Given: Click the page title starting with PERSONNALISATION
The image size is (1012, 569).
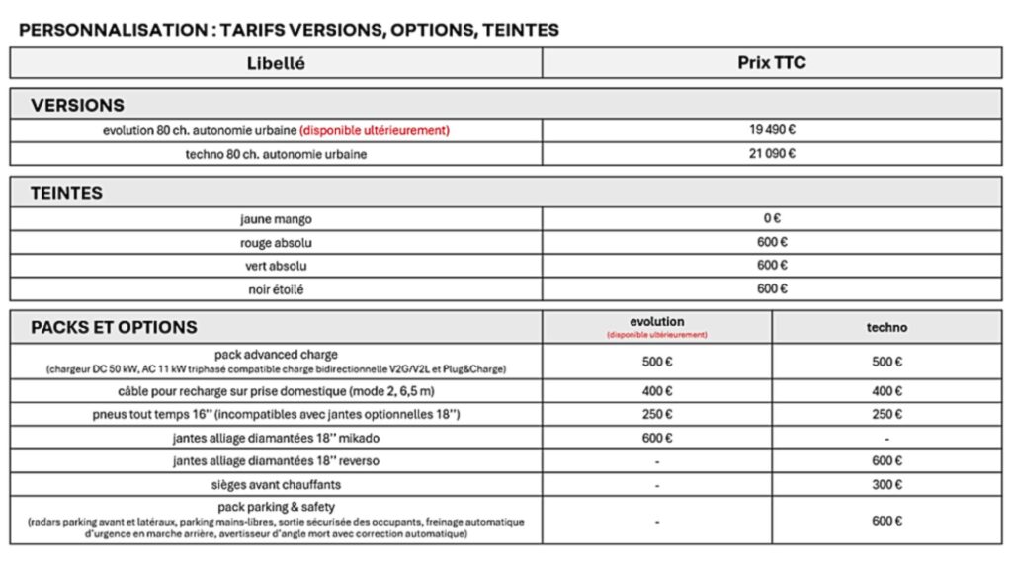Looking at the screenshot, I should pos(289,30).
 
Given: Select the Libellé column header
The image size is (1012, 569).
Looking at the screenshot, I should pos(276,63).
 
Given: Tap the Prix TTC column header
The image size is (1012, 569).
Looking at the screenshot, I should pos(772,63).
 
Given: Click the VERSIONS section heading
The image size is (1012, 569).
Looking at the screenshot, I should pos(77,105).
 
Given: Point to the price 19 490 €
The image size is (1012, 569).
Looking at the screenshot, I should pos(772,129).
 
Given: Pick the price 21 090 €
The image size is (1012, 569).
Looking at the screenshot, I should pos(772,153).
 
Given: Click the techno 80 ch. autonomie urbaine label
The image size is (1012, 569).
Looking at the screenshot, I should pos(276,154).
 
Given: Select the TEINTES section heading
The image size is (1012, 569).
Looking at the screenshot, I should pos(66,194).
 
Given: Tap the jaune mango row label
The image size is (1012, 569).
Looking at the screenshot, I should pos(276,218).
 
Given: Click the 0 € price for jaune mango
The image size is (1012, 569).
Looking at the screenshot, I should pos(772,218).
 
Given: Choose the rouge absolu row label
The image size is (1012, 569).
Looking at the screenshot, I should pos(276,242).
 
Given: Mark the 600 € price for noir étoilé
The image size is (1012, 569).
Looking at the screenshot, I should pos(772,288).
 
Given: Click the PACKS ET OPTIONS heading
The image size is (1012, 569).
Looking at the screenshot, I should pos(114,327).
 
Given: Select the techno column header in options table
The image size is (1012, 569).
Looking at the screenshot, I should pos(886,327).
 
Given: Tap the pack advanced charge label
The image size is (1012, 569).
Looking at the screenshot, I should pos(276,354).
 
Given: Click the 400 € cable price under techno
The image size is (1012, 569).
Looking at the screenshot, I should pos(886,391).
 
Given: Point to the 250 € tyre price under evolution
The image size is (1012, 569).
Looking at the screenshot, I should pos(657,414).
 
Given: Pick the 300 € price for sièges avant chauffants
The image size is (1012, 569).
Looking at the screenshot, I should pos(886,484).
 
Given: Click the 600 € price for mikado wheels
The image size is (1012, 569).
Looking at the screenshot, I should pos(657,438).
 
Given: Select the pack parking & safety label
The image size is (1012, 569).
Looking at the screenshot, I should pos(276,507).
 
